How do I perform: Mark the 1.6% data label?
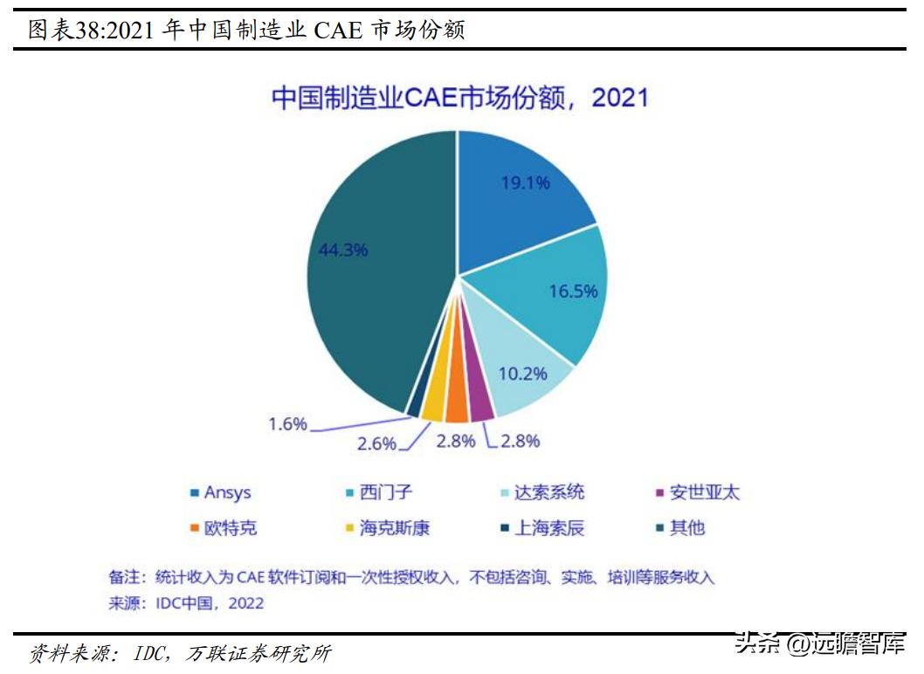click(287, 423)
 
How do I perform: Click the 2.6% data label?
click(376, 444)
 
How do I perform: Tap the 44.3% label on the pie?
click(343, 250)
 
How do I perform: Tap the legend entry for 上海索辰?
click(548, 528)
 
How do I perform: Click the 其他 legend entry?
click(686, 528)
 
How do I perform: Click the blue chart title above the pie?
click(460, 97)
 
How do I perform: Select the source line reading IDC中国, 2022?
click(186, 603)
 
